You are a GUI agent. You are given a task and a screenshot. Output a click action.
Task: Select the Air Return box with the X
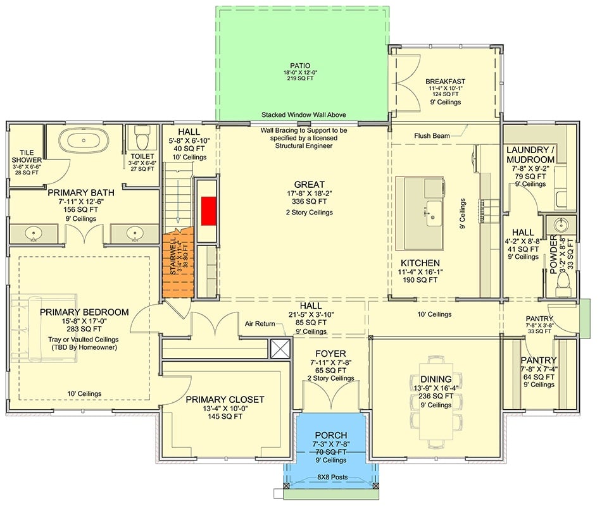click(x=279, y=348)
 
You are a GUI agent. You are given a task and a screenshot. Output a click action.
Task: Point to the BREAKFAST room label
click(x=445, y=81)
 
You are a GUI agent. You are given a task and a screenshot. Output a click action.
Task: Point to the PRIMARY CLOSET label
click(x=225, y=399)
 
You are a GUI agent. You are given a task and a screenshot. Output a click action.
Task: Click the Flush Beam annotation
click(x=432, y=135)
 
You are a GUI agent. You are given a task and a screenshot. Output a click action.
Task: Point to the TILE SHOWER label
click(x=26, y=156)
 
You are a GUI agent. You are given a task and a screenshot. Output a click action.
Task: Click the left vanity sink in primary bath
click(x=34, y=234)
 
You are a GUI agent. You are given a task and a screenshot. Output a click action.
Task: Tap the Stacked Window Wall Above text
click(x=302, y=115)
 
